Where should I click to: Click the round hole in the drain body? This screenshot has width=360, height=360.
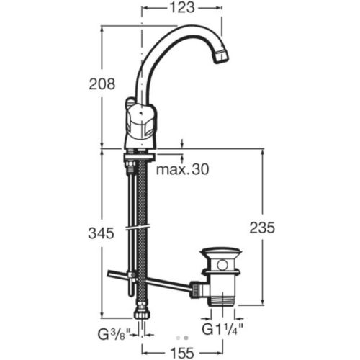coord(222,267)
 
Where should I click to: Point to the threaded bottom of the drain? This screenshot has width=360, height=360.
coord(222,303)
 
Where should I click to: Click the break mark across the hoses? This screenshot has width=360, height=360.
coord(137,227)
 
